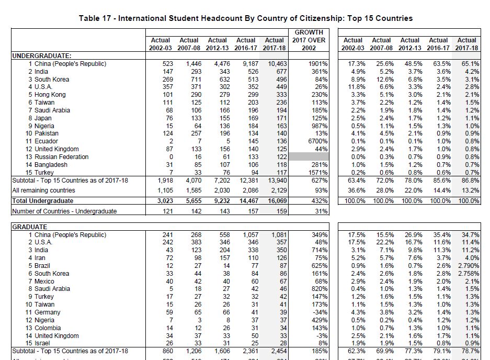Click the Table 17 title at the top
coord(245,18)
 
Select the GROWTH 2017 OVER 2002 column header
coord(309,40)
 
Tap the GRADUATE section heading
coord(30,227)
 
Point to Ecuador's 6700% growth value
coord(318,141)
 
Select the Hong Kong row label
coord(50,95)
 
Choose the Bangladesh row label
coord(51,165)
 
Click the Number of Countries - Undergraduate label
coord(64,211)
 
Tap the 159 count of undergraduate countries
coord(279,211)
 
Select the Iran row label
coord(41,258)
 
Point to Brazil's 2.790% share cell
coord(469,266)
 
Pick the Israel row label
coord(43,343)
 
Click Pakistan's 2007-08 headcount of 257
coord(192,133)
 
